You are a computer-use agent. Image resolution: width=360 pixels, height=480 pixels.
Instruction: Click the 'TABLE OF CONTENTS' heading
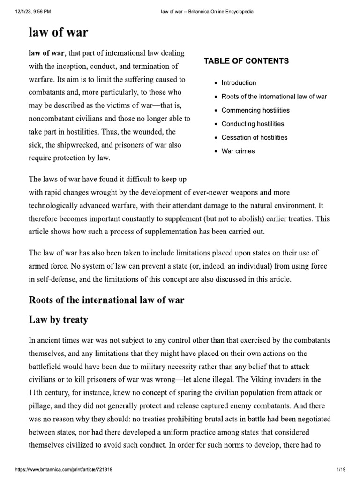(x=246, y=61)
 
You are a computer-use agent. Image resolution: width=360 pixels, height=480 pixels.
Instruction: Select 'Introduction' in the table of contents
(x=239, y=83)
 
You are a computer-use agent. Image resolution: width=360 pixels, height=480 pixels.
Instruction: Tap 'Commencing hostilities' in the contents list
(x=255, y=110)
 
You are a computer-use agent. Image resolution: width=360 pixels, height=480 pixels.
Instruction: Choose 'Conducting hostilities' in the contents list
(x=253, y=124)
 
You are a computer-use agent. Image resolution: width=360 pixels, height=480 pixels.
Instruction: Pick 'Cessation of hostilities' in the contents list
(x=255, y=137)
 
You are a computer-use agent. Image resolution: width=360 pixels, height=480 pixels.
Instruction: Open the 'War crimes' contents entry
(x=238, y=151)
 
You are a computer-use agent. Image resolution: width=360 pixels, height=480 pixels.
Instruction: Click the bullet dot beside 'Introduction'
(x=215, y=83)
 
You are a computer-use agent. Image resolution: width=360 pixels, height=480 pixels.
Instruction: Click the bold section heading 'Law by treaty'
(x=59, y=320)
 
